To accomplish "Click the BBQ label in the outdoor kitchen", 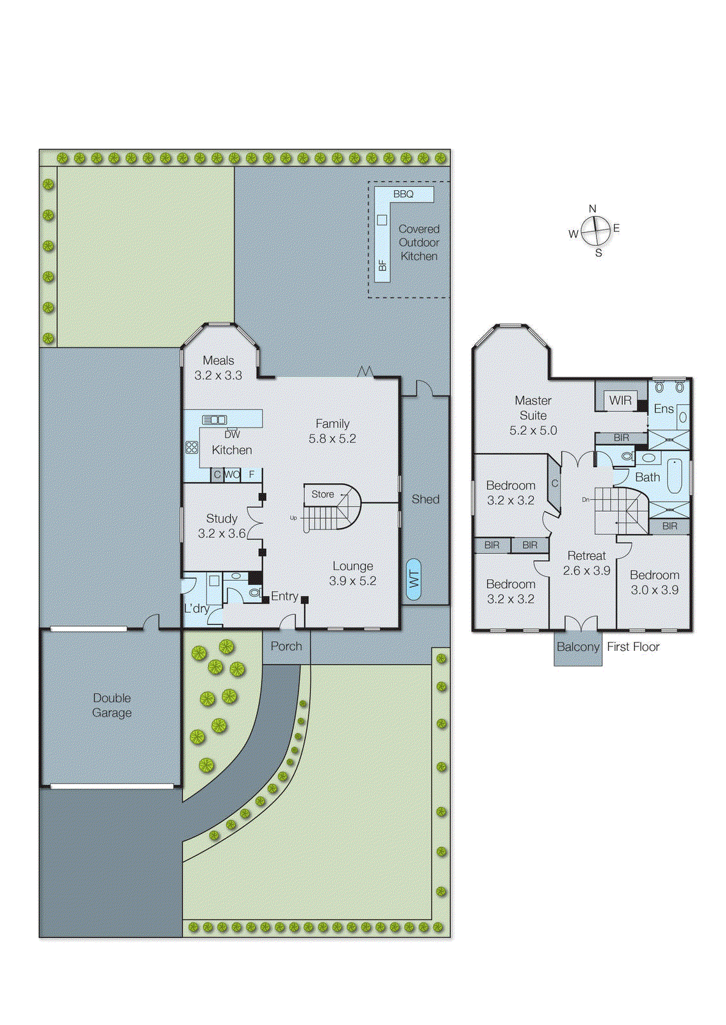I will coord(403,193).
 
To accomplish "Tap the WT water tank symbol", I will coord(414,579).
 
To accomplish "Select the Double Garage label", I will coord(111,705).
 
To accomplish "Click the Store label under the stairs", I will coord(322,494).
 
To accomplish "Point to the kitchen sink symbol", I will coord(214,420).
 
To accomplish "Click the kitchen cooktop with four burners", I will coord(192,447).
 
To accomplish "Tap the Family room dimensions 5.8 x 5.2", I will coord(332,439).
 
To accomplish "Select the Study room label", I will coord(222,518).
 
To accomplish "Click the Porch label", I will coord(286,646).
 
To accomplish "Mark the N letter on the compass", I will coord(592,209).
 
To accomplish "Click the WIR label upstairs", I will coord(620,400).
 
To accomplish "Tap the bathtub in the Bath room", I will coord(674,475).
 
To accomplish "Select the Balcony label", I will coord(577,647).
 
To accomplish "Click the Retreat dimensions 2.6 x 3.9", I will coord(586,570).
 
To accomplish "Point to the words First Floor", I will coord(632,647).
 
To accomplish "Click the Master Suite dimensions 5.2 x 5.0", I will coord(532,430).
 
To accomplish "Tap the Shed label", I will coord(425,499).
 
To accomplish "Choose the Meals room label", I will coord(218,360).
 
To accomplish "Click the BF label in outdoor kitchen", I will coord(383,265).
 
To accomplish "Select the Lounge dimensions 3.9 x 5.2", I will coord(352,581).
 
